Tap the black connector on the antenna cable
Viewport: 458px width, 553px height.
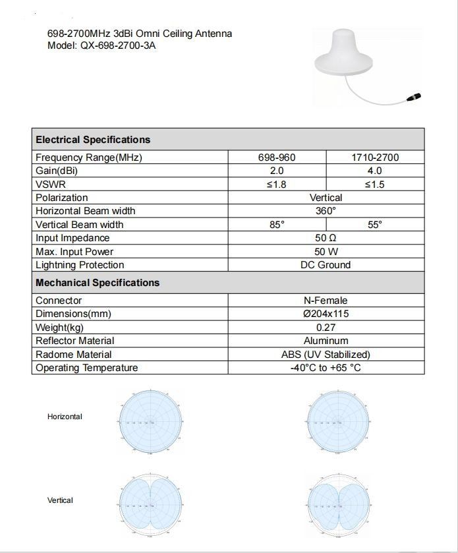(416, 98)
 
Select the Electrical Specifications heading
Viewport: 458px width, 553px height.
(93, 140)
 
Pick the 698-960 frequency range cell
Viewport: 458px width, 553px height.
(277, 158)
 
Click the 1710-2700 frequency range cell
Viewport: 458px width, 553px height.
(374, 158)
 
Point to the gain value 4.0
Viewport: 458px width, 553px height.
(374, 171)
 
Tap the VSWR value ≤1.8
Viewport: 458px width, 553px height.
(277, 185)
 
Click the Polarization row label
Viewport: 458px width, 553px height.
(62, 198)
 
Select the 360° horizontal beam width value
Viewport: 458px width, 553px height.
(326, 211)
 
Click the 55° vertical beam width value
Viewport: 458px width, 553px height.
(374, 225)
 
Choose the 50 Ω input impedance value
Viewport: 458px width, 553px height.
(326, 238)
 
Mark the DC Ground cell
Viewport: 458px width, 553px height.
(326, 265)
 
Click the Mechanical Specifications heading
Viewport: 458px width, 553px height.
(98, 283)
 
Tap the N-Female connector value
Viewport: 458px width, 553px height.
(326, 301)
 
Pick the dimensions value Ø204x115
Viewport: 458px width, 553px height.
(326, 314)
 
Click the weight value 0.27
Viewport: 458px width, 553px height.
(326, 328)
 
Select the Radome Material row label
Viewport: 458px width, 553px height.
(74, 355)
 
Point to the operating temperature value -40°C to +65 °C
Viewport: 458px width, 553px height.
(326, 368)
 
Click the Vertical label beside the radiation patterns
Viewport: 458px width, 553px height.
(60, 500)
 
